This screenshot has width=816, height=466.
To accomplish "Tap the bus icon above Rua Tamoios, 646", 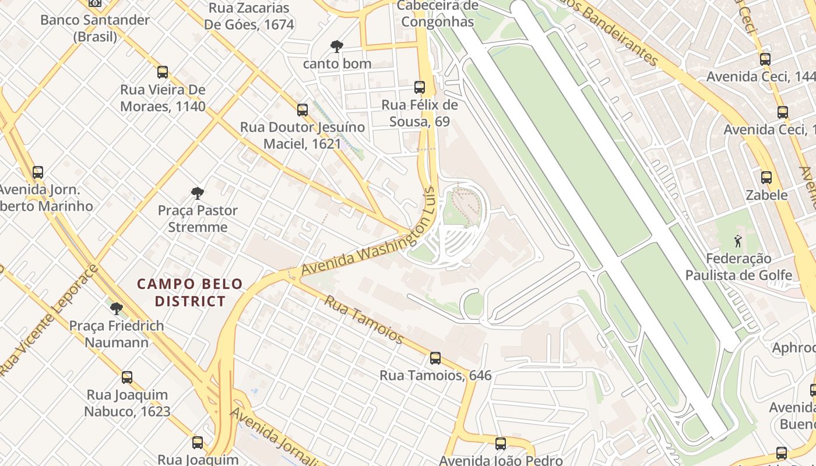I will coord(435,358).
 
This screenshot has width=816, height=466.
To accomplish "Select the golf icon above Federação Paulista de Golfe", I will coord(738,241).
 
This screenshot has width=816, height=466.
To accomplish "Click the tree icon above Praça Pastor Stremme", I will coord(198,193).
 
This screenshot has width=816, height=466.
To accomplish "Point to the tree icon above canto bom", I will coord(336,47).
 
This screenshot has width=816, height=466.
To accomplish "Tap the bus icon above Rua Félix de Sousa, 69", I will coord(420,87).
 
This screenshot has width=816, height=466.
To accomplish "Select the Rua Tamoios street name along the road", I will coord(364,319).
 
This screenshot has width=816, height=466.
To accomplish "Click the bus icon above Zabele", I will coord(766,178).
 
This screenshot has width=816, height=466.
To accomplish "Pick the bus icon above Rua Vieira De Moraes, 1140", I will coord(163,72).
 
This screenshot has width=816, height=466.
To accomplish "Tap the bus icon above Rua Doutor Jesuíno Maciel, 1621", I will coord(303,110).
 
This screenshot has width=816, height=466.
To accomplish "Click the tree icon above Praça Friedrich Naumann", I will coord(117,308).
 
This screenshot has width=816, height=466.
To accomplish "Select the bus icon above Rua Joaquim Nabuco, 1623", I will coord(127,377).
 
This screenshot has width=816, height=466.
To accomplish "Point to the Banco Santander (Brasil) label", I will coord(95,28).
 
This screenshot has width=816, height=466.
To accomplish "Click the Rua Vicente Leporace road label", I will coord(49,320).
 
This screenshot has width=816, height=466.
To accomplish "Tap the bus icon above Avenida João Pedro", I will coord(501,444).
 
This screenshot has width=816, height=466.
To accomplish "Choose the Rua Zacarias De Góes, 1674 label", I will coord(249,16).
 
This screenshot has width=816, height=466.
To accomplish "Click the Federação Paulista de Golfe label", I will coord(738,267).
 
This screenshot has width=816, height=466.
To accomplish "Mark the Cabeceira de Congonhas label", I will coord(438,14).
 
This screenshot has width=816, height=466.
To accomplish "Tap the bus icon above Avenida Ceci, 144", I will coord(765,59).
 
